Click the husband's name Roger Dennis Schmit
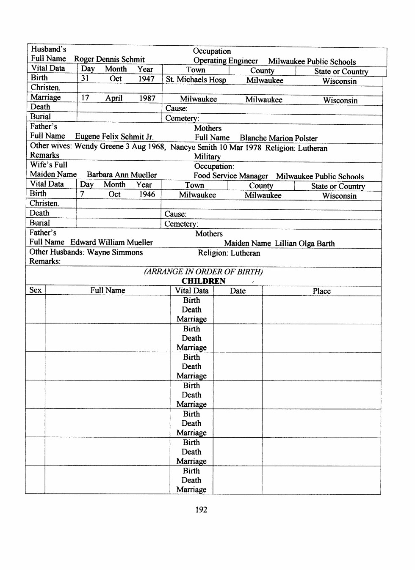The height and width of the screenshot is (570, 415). (x=109, y=59)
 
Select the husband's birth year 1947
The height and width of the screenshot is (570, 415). (x=146, y=79)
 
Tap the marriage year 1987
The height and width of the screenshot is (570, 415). (x=147, y=98)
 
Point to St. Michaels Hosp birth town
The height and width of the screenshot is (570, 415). (x=196, y=79)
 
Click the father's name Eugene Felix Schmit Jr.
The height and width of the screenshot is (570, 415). (x=114, y=137)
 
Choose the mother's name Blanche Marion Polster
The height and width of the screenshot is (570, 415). (x=278, y=138)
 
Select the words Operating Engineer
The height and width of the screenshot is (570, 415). (x=225, y=61)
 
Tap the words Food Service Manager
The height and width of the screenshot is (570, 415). (x=230, y=176)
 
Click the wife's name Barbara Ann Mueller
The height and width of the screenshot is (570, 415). (x=122, y=175)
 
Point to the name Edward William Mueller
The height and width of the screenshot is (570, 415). (x=111, y=242)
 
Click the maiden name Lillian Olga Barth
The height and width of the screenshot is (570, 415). (x=304, y=244)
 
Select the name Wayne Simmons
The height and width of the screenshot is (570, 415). (x=115, y=252)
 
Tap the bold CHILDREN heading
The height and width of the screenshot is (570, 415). (x=203, y=281)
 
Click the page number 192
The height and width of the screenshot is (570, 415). (x=201, y=510)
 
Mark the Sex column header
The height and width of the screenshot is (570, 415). (x=36, y=290)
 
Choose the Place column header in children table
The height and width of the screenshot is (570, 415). (x=321, y=291)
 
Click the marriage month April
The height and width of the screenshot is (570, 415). (x=114, y=98)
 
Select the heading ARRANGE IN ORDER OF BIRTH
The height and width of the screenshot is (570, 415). (x=203, y=271)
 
